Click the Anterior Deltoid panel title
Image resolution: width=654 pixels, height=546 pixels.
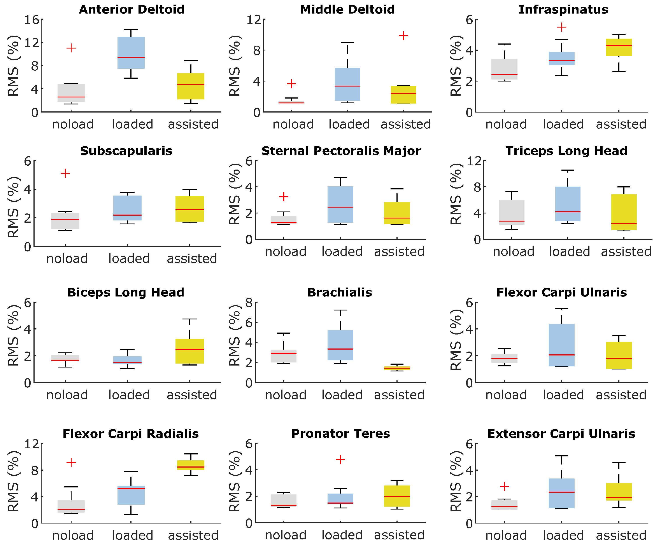click(x=132, y=9)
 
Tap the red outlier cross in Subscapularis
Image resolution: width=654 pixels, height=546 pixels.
click(x=65, y=173)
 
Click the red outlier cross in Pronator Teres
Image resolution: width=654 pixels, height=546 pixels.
click(x=340, y=459)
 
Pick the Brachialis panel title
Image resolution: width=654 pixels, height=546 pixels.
click(x=340, y=292)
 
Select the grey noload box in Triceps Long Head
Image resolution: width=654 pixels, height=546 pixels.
click(x=512, y=212)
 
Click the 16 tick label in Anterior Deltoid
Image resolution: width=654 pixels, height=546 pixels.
click(x=32, y=20)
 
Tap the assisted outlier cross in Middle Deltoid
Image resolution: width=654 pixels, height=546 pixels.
click(x=403, y=36)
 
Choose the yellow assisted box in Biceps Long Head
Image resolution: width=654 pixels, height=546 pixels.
click(x=190, y=351)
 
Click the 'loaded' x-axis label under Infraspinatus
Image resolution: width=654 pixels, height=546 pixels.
click(x=563, y=124)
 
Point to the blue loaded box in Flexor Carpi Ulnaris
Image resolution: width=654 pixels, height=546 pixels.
click(x=561, y=345)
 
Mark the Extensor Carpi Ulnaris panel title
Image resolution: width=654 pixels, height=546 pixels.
click(x=561, y=434)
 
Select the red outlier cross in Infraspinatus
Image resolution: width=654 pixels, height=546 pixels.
click(x=561, y=27)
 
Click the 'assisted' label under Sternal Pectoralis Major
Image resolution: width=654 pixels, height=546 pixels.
click(x=399, y=251)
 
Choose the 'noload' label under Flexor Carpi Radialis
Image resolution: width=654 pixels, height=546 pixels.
click(x=73, y=536)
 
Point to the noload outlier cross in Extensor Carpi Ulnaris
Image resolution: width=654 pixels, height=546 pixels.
click(x=504, y=486)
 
